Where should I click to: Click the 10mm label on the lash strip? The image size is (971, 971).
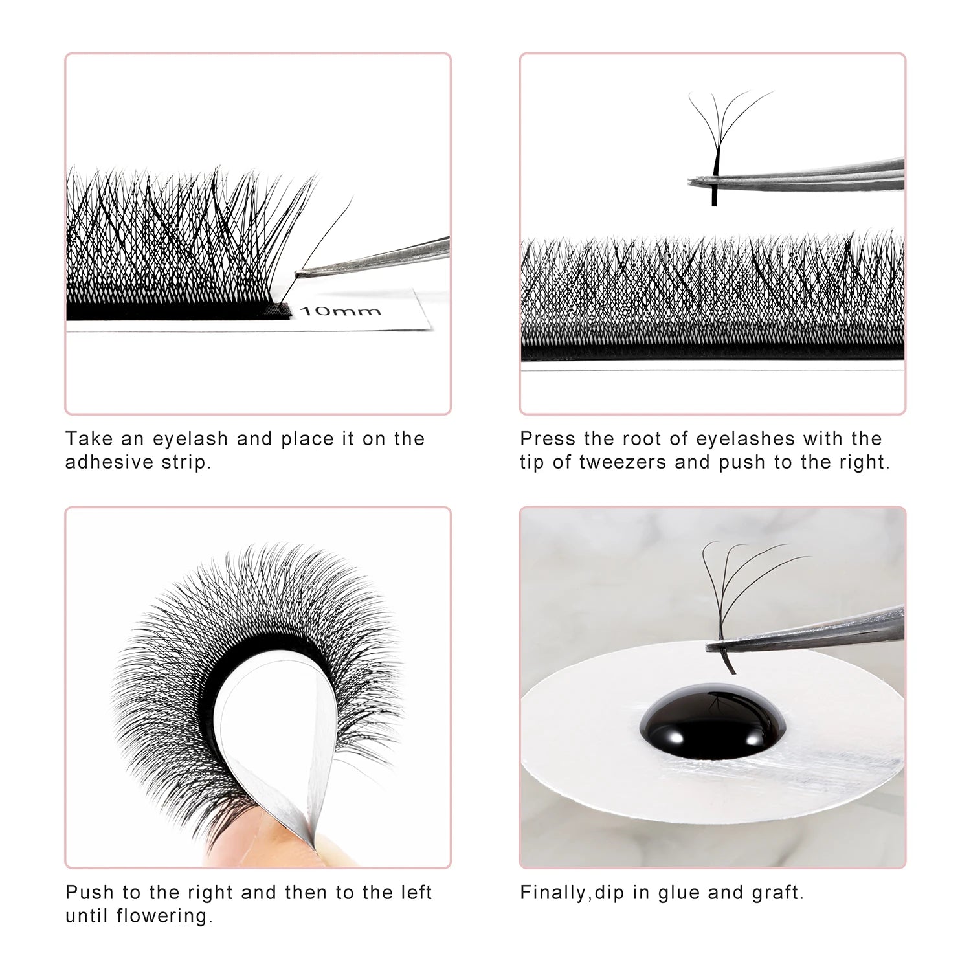tap(340, 311)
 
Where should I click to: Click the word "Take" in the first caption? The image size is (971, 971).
tap(87, 439)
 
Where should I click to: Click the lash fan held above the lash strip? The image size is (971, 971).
tap(725, 123)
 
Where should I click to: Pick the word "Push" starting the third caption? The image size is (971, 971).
tap(90, 893)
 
